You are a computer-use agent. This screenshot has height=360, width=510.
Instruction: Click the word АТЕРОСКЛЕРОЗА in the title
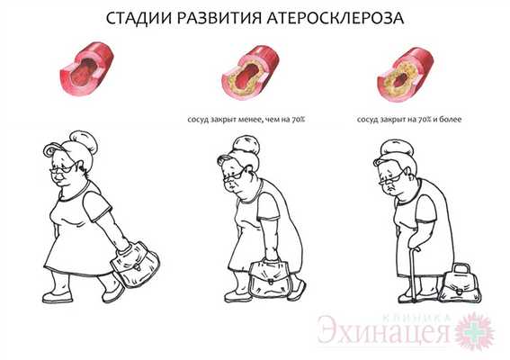pyautogui.click(x=336, y=18)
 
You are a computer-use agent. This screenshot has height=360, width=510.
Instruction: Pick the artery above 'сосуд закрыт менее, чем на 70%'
pyautogui.click(x=250, y=73)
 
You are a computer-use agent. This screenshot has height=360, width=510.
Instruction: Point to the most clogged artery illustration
pyautogui.click(x=406, y=75)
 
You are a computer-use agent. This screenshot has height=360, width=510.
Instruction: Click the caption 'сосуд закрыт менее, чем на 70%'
pyautogui.click(x=246, y=120)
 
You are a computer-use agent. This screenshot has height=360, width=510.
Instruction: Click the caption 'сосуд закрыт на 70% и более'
pyautogui.click(x=409, y=120)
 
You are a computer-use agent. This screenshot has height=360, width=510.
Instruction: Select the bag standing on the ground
pyautogui.click(x=460, y=283)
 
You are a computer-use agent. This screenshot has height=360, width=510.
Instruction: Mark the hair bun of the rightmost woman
pyautogui.click(x=397, y=148)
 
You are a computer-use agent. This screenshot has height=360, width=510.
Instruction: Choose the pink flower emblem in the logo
pyautogui.click(x=475, y=330)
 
